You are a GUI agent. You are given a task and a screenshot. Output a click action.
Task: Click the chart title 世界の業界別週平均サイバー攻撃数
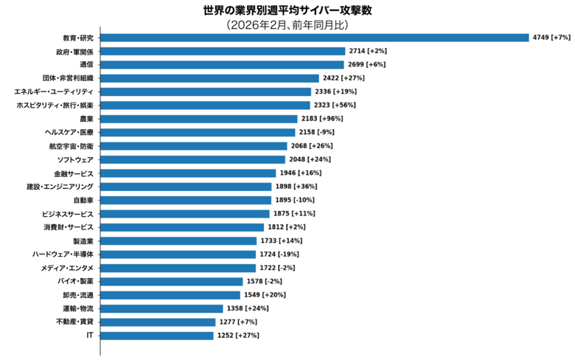[x=287, y=11]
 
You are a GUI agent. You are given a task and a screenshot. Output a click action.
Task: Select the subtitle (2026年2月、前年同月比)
[x=287, y=25]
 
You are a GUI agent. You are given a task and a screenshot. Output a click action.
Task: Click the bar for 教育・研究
[x=314, y=38]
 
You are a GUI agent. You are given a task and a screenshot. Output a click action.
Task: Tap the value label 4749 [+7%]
[x=551, y=38]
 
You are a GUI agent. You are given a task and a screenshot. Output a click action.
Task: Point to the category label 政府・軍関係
[x=74, y=51]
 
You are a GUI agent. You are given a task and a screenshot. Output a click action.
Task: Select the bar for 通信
[x=222, y=64]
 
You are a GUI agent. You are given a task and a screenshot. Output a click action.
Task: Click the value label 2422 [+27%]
[x=344, y=78]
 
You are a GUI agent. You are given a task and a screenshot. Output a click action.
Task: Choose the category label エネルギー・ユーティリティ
[x=54, y=91]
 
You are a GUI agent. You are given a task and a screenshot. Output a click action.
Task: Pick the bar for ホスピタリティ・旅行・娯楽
[x=205, y=105]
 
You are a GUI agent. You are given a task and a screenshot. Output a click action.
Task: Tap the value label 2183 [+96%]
[x=322, y=119]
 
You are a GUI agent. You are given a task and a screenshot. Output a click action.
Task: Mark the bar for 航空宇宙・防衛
[x=194, y=146]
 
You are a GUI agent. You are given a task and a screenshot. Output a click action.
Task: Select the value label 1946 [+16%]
[x=300, y=173]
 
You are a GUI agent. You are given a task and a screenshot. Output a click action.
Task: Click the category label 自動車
[x=83, y=200]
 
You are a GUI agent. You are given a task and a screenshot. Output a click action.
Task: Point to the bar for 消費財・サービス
[x=181, y=227]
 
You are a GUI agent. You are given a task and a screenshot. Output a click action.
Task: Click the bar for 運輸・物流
[x=161, y=308]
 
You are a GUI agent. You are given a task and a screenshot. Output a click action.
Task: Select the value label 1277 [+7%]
[x=237, y=322]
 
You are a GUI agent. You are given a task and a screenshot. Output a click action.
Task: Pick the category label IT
[x=90, y=336]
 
